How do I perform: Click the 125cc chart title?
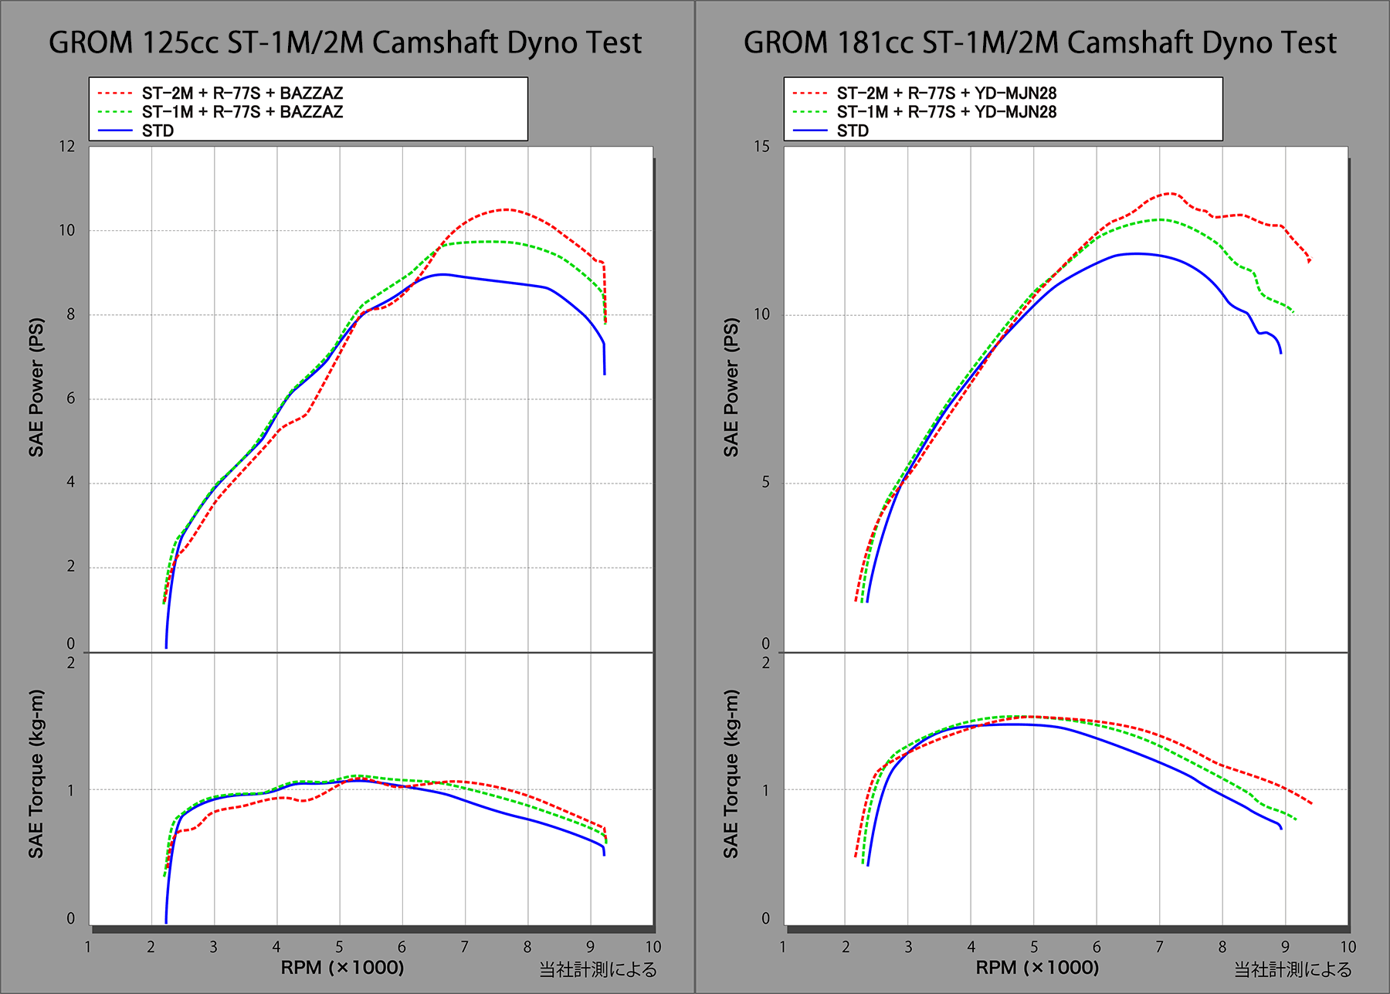(345, 42)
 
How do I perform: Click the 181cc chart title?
(1039, 42)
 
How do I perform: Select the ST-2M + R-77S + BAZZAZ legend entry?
(242, 93)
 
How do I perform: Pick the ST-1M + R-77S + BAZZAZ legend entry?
(242, 111)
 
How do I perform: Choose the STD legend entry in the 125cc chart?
(158, 131)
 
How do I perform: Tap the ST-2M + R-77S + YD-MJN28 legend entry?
(946, 93)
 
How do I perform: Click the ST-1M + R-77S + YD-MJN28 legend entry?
(946, 111)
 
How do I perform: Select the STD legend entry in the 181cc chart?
(853, 131)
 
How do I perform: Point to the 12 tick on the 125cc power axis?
(67, 146)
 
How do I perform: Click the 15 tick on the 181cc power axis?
(762, 146)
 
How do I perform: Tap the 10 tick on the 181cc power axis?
(762, 314)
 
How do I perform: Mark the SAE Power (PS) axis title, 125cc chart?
(36, 387)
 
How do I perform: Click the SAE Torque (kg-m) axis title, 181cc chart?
(731, 773)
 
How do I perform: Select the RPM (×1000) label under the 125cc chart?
(342, 967)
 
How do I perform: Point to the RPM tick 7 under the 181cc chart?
(1159, 947)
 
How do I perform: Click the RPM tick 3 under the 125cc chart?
(213, 947)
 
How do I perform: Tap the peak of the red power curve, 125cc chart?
(506, 209)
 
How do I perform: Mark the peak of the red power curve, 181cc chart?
(1171, 193)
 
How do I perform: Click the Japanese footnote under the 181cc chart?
(1293, 969)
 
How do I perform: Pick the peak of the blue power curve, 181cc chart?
(1135, 253)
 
